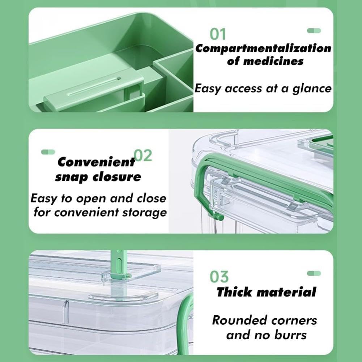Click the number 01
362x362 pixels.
click(x=218, y=34)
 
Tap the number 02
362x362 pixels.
click(x=143, y=156)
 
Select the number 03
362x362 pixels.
click(x=219, y=277)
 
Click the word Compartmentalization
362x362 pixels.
click(x=263, y=48)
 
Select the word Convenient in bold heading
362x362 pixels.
click(x=96, y=162)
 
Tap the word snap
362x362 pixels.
click(x=72, y=177)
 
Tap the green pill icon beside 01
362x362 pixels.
click(x=314, y=31)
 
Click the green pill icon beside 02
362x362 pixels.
click(x=48, y=152)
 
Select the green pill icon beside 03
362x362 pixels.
click(x=314, y=273)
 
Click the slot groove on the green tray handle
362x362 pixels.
click(x=94, y=87)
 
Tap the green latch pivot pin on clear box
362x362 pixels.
click(x=219, y=216)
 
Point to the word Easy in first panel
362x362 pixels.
click(x=208, y=89)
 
